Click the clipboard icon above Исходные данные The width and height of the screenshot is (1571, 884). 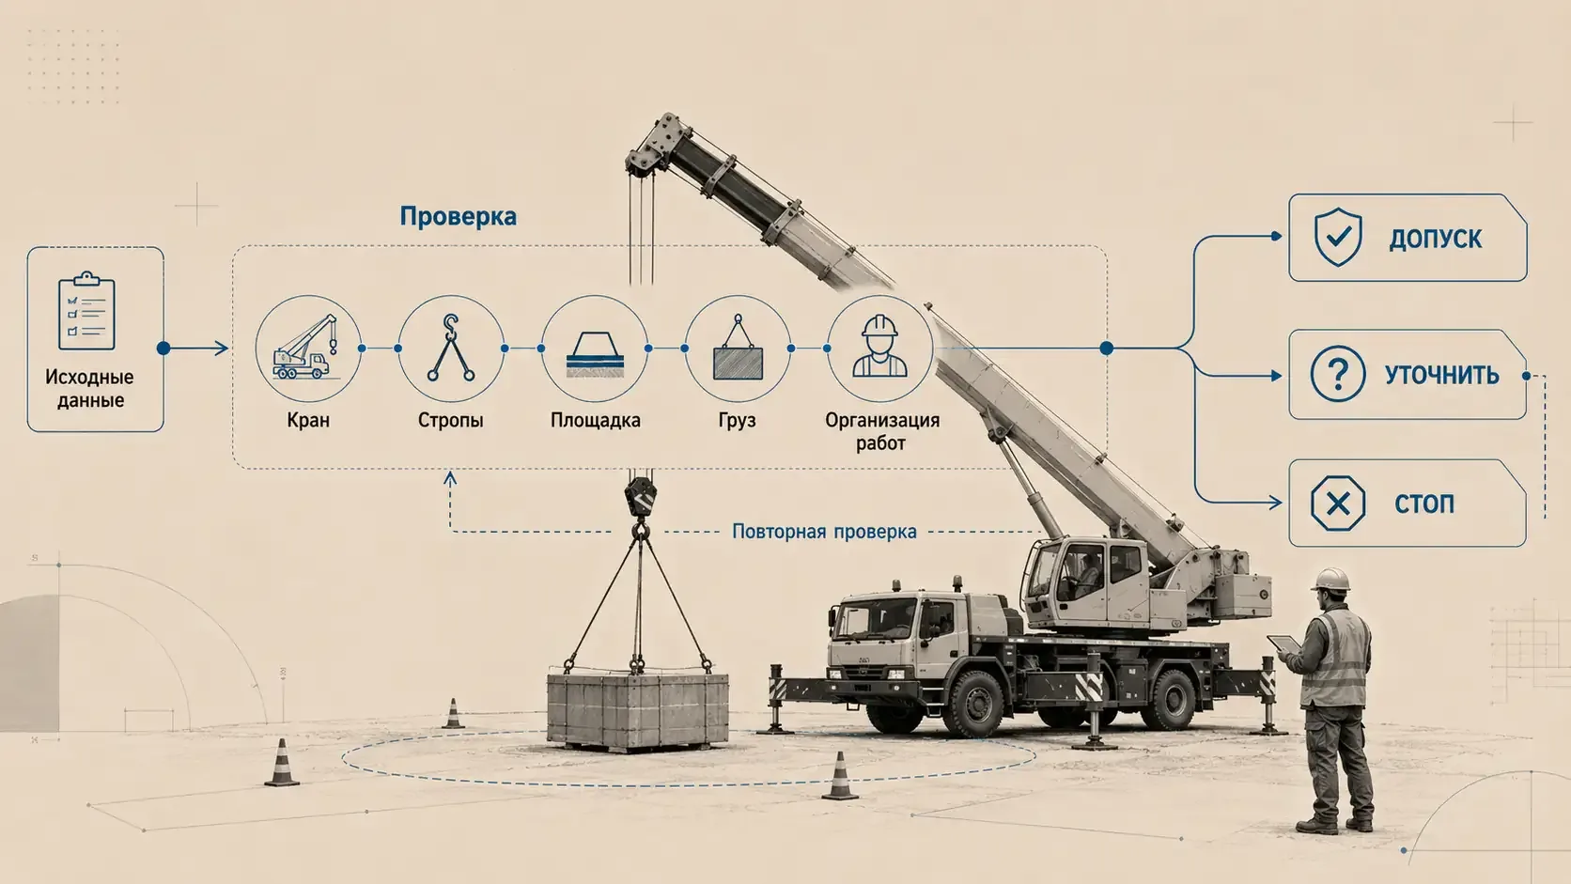[x=86, y=311]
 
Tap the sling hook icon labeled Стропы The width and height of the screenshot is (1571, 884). [x=451, y=347]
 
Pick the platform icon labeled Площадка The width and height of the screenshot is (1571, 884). [x=595, y=354]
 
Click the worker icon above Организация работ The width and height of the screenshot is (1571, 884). [x=880, y=347]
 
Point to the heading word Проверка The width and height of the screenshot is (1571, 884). [x=458, y=216]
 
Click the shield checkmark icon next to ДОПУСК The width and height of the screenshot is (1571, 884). [x=1338, y=237]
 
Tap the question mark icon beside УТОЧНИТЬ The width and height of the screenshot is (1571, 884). [x=1337, y=374]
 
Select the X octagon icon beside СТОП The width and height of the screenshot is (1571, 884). [x=1337, y=504]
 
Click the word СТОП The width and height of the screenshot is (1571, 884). [x=1424, y=504]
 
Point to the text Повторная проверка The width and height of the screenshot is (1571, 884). [x=824, y=532]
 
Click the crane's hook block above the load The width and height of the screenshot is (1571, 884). [x=640, y=497]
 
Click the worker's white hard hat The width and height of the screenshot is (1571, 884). [x=1330, y=580]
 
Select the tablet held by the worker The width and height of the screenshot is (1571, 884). [x=1283, y=644]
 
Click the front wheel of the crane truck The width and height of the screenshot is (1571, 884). [x=976, y=703]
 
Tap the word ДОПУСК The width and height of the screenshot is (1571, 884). [x=1436, y=239]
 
